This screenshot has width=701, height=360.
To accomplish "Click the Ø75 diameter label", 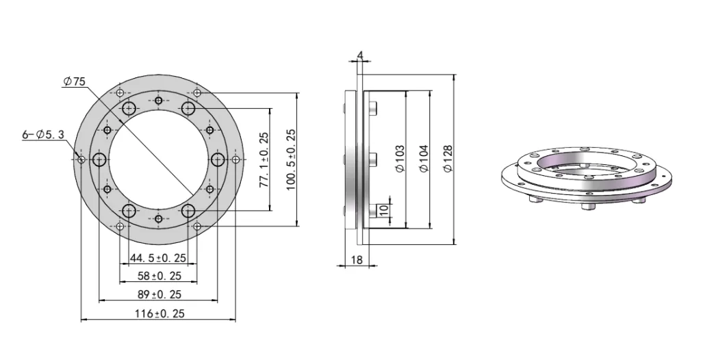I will (74, 81).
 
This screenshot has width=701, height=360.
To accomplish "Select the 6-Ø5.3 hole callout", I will (42, 135).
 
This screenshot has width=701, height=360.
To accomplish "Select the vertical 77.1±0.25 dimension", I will (264, 159).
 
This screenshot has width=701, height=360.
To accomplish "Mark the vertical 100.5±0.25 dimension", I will (291, 159).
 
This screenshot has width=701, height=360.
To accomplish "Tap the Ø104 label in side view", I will (424, 158).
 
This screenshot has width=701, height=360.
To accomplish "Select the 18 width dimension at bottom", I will (356, 259).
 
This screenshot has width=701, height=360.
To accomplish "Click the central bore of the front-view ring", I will (158, 159).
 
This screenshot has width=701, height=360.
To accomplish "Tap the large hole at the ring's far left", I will (100, 159).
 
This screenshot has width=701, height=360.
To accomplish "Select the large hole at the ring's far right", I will (218, 159).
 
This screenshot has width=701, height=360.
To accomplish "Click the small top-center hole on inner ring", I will (158, 101).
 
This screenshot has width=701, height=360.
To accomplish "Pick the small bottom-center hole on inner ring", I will (158, 218).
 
